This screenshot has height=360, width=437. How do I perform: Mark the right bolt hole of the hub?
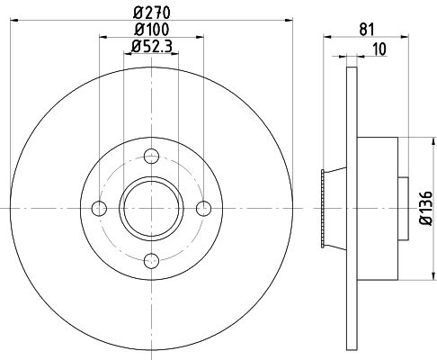pyautogui.click(x=204, y=209)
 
